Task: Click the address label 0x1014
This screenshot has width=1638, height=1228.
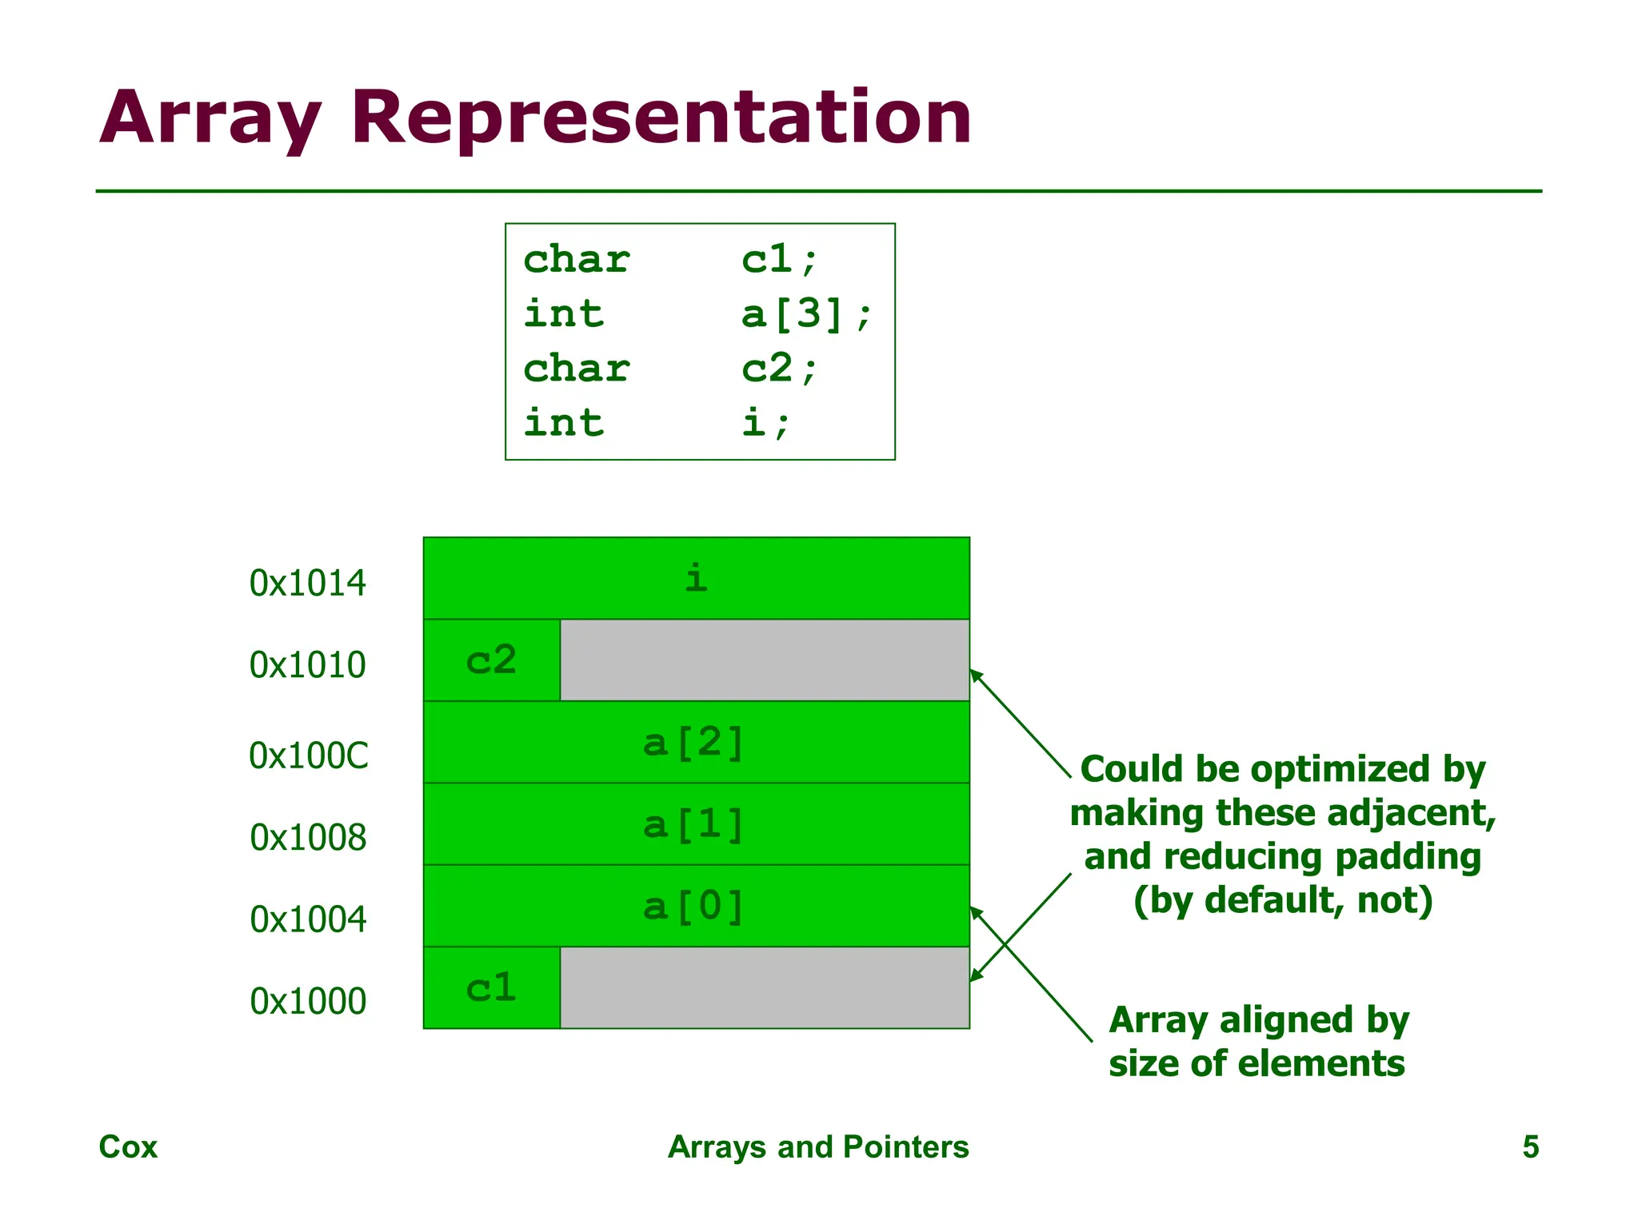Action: pos(307,583)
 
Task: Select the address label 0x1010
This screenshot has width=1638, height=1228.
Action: pos(307,665)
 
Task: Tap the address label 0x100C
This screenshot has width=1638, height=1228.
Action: pos(309,756)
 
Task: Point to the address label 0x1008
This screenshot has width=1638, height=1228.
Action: pos(308,838)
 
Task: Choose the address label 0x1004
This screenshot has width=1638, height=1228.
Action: pos(308,919)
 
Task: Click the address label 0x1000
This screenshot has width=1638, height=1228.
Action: pos(308,1002)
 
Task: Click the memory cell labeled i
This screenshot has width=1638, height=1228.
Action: pos(696,578)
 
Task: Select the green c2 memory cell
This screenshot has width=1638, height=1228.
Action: pos(491,660)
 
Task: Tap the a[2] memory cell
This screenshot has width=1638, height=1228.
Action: pos(696,743)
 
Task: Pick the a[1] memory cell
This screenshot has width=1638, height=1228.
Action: pos(696,824)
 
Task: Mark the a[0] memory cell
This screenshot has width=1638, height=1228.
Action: pos(696,907)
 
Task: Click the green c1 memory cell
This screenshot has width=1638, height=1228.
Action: pos(491,988)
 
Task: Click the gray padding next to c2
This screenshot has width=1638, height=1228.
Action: pos(764,660)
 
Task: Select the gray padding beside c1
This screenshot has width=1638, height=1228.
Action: pos(764,988)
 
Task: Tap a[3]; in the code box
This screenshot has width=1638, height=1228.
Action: pos(805,313)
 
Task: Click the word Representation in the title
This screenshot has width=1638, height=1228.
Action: pos(661,118)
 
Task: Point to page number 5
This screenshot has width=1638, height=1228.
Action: pos(1530,1146)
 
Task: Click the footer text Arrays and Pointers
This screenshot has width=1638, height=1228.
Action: pos(818,1146)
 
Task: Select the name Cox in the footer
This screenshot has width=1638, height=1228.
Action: pos(128,1146)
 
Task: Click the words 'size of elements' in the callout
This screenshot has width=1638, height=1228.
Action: pos(1256,1064)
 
